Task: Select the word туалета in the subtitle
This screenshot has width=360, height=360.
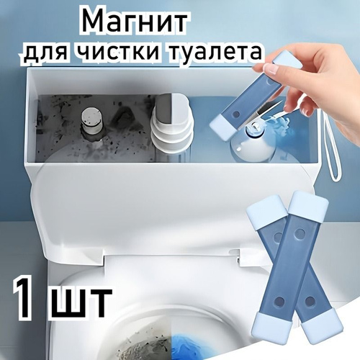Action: [212, 51]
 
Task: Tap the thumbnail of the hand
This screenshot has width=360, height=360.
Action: [271, 71]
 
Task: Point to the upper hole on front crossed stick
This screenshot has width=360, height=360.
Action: [299, 232]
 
